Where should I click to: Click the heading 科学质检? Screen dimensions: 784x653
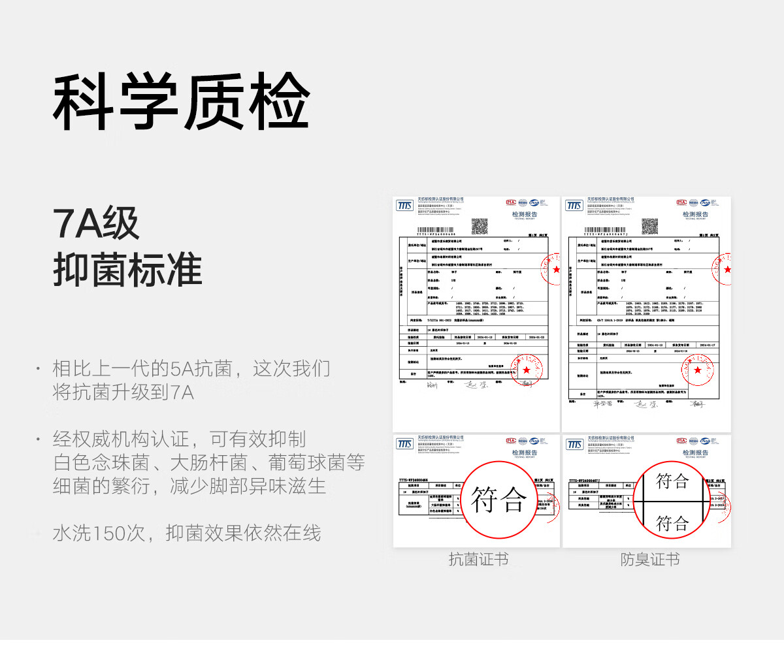(x=181, y=103)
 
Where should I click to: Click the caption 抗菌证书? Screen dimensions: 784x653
(x=478, y=560)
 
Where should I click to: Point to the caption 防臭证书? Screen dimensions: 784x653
(x=649, y=560)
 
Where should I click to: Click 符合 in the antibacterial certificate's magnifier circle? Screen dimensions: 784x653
(x=498, y=500)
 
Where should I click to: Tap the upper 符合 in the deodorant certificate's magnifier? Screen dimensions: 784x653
(x=672, y=481)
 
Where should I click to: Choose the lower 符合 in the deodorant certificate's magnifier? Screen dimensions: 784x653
(x=672, y=522)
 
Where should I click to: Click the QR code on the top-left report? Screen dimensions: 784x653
(x=480, y=227)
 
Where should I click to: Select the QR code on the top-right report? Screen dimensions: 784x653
(x=649, y=227)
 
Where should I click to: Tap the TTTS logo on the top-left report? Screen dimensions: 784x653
(x=405, y=206)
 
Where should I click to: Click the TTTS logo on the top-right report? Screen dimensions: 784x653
(x=574, y=206)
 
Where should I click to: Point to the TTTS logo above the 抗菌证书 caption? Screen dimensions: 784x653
(x=405, y=444)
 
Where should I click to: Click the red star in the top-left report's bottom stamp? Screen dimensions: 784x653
(x=527, y=371)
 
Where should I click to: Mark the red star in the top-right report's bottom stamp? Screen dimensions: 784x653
(x=698, y=371)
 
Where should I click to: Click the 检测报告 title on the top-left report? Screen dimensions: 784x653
(x=523, y=214)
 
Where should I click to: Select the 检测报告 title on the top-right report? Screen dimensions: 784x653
(x=695, y=214)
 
